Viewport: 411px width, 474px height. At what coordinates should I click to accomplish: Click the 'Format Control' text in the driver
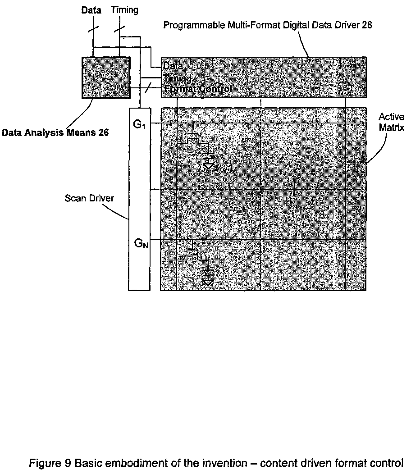click(198, 89)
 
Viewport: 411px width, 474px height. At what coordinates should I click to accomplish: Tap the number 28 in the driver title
click(367, 25)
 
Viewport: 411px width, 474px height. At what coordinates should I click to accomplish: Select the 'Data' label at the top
click(91, 10)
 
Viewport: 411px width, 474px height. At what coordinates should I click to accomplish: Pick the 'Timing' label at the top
click(124, 10)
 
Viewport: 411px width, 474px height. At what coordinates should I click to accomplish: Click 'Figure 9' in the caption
click(50, 463)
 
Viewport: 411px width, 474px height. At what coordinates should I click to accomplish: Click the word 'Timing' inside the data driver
click(178, 78)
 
